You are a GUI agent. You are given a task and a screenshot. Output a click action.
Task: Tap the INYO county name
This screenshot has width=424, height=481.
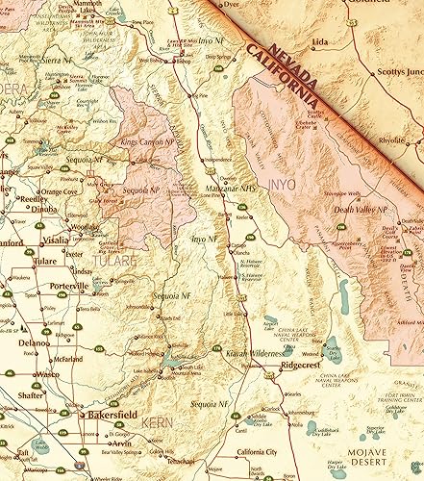click(287, 179)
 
